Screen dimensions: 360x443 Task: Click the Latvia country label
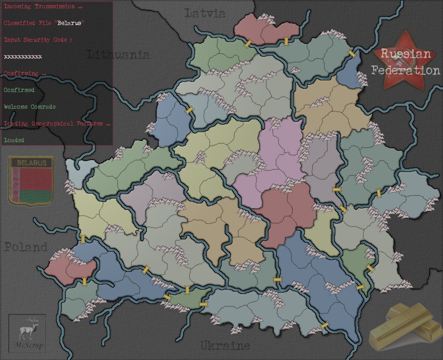click(205, 13)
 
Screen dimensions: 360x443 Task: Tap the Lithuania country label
click(118, 55)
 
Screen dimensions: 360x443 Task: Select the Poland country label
click(26, 247)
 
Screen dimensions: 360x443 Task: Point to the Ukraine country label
click(225, 346)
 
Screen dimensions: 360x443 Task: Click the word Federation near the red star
click(406, 70)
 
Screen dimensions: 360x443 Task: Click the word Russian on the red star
click(406, 54)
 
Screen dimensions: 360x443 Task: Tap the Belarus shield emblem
click(31, 181)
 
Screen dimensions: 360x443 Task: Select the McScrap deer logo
click(28, 332)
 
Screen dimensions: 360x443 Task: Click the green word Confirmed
click(19, 90)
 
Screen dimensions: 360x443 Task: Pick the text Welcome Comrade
click(30, 107)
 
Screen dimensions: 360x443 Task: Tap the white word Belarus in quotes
click(69, 23)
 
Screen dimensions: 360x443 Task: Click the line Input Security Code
click(38, 40)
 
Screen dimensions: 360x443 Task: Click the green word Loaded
click(14, 140)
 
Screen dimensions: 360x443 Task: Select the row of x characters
click(23, 57)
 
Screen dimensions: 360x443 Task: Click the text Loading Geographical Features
click(57, 124)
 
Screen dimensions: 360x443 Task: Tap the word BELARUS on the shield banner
click(32, 163)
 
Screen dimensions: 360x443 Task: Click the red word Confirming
click(25, 74)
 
